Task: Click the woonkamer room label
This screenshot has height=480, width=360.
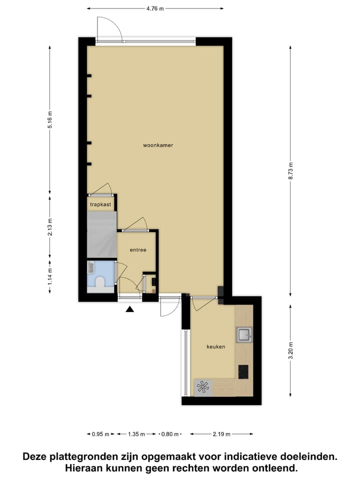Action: [x=158, y=145]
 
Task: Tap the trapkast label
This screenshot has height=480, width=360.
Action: [x=100, y=204]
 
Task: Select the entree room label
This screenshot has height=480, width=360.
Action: [x=138, y=250]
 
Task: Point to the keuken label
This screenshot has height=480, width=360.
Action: [x=216, y=346]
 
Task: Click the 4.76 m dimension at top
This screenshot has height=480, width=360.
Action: [x=154, y=8]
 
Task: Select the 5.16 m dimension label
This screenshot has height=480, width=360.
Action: [x=50, y=119]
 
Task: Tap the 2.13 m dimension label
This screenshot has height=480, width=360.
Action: [x=50, y=227]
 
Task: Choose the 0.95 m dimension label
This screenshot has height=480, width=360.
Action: [x=100, y=434]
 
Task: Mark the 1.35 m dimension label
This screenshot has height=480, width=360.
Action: [x=136, y=434]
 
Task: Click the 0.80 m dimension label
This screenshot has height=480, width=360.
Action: [x=169, y=434]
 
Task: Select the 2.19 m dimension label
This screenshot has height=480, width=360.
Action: [x=220, y=434]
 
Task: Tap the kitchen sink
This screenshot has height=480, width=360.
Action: [x=244, y=334]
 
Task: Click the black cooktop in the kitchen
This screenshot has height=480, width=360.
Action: [x=243, y=371]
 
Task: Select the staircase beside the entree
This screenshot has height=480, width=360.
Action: [x=102, y=234]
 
